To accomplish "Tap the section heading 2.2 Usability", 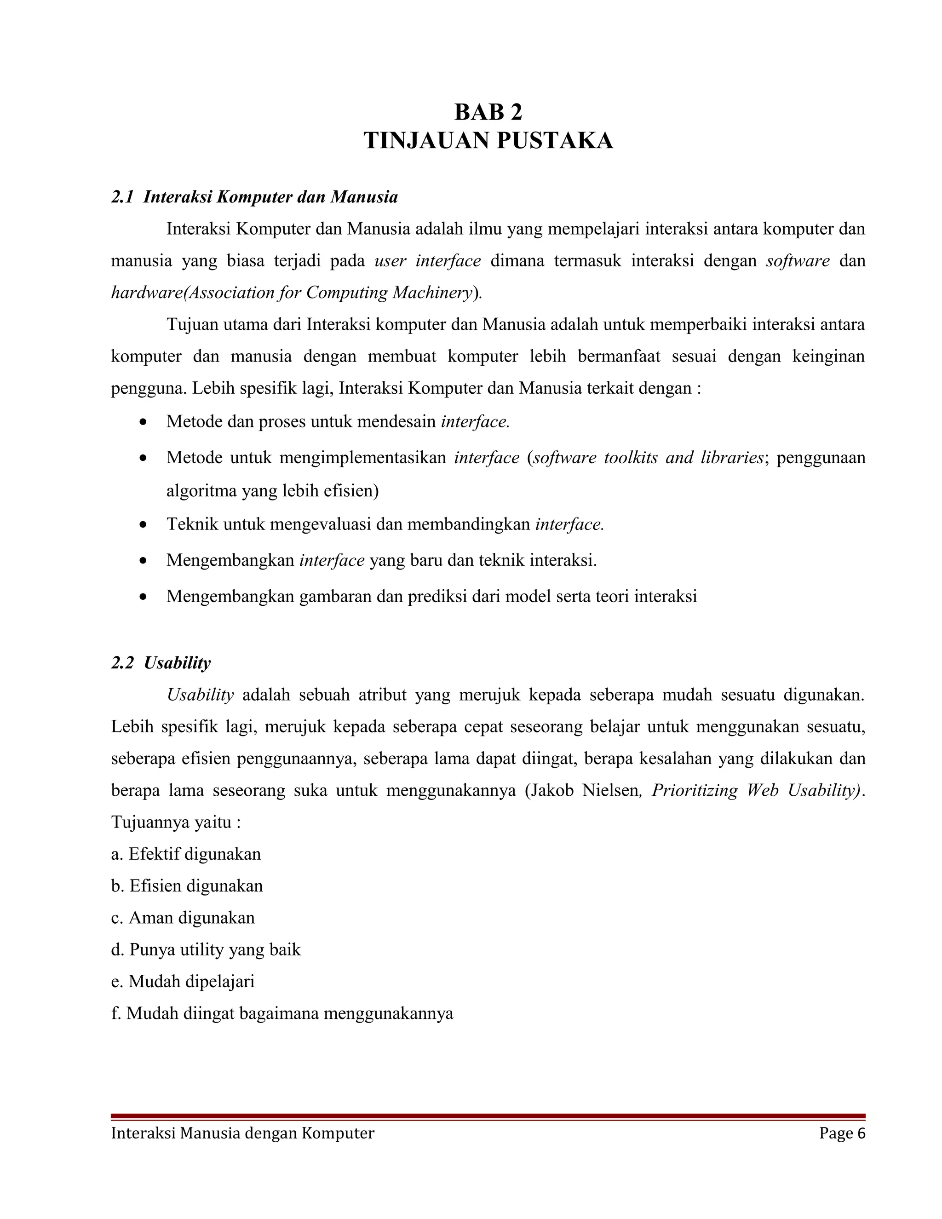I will coord(161,662).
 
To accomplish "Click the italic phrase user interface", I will coord(427,261).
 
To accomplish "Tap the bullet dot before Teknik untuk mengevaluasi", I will coord(144,525).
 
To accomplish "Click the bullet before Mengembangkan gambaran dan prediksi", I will coord(144,597).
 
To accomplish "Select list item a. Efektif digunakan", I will coord(186,854).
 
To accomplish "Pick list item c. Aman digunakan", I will coord(183,918).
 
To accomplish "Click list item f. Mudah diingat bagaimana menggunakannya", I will coord(282,1013).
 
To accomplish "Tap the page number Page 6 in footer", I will coord(842,1133).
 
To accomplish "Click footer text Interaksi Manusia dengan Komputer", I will coord(242,1133).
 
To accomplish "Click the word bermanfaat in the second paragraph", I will coord(618,356).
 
